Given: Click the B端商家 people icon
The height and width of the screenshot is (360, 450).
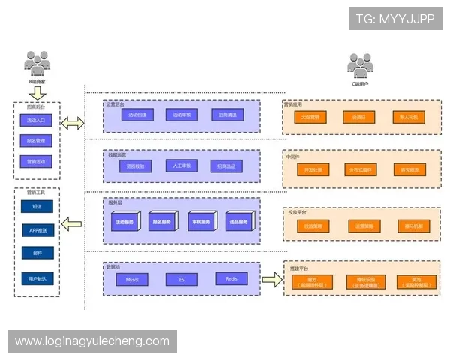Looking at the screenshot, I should pyautogui.click(x=37, y=63).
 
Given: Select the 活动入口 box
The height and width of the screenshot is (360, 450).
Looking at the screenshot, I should pyautogui.click(x=36, y=120).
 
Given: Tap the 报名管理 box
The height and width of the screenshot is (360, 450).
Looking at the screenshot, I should pyautogui.click(x=36, y=140).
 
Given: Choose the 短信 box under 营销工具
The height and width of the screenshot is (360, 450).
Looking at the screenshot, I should pyautogui.click(x=37, y=206).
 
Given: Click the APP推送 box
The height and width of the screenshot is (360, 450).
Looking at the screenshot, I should pyautogui.click(x=37, y=230).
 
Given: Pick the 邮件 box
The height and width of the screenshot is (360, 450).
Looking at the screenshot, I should pyautogui.click(x=37, y=254).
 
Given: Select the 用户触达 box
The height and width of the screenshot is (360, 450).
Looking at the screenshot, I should pyautogui.click(x=37, y=278).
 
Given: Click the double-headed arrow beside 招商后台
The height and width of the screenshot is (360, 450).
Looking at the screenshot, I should pyautogui.click(x=73, y=123).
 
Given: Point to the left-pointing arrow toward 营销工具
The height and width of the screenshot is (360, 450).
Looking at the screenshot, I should pyautogui.click(x=73, y=222).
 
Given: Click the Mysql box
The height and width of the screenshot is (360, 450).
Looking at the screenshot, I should pyautogui.click(x=132, y=279).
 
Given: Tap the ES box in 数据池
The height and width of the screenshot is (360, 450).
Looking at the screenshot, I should pyautogui.click(x=181, y=279).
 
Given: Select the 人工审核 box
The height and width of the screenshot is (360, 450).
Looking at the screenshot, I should pyautogui.click(x=181, y=166).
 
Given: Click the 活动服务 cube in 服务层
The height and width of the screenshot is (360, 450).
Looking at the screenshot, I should pyautogui.click(x=123, y=222).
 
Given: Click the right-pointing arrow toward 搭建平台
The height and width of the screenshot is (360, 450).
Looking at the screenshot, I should pyautogui.click(x=271, y=279).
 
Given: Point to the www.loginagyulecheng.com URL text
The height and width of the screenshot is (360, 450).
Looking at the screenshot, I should pyautogui.click(x=92, y=341).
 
